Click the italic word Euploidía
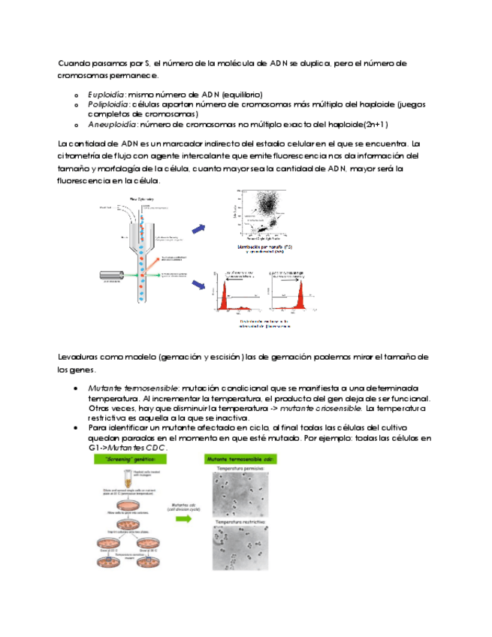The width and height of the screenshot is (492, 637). tap(106, 95)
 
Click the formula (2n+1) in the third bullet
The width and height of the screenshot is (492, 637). tap(374, 124)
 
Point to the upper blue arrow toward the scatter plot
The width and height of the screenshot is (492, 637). tap(200, 228)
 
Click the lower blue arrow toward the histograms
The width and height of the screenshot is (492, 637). tap(200, 285)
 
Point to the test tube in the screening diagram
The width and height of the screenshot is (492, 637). tap(118, 479)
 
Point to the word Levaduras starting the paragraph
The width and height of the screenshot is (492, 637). tap(78, 356)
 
